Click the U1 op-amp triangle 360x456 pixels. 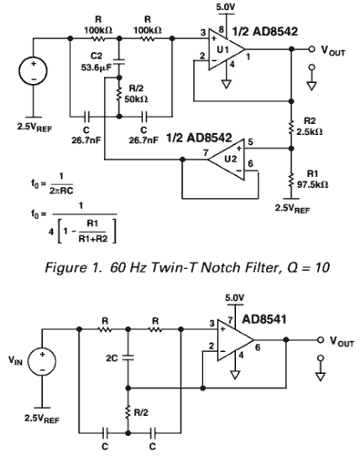tap(226, 50)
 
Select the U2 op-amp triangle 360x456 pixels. tap(227, 160)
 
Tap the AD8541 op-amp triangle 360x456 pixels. tap(235, 340)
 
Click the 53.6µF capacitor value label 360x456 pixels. tap(96, 67)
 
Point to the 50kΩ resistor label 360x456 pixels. tap(137, 99)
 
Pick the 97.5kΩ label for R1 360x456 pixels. tap(313, 184)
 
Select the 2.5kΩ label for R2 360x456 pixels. tap(310, 132)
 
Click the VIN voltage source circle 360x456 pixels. tap(42, 361)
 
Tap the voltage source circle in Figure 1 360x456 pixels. tap(33, 71)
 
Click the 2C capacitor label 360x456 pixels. tap(111, 358)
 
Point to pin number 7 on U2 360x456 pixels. tap(206, 152)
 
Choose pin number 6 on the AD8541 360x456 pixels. tap(258, 347)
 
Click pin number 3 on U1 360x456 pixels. tap(203, 32)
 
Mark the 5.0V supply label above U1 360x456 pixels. tap(225, 6)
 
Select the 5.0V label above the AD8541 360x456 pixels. tap(234, 298)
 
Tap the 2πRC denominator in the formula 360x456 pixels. tap(61, 192)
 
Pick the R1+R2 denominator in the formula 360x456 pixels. tap(93, 238)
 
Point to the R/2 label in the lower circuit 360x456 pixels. tap(141, 412)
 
